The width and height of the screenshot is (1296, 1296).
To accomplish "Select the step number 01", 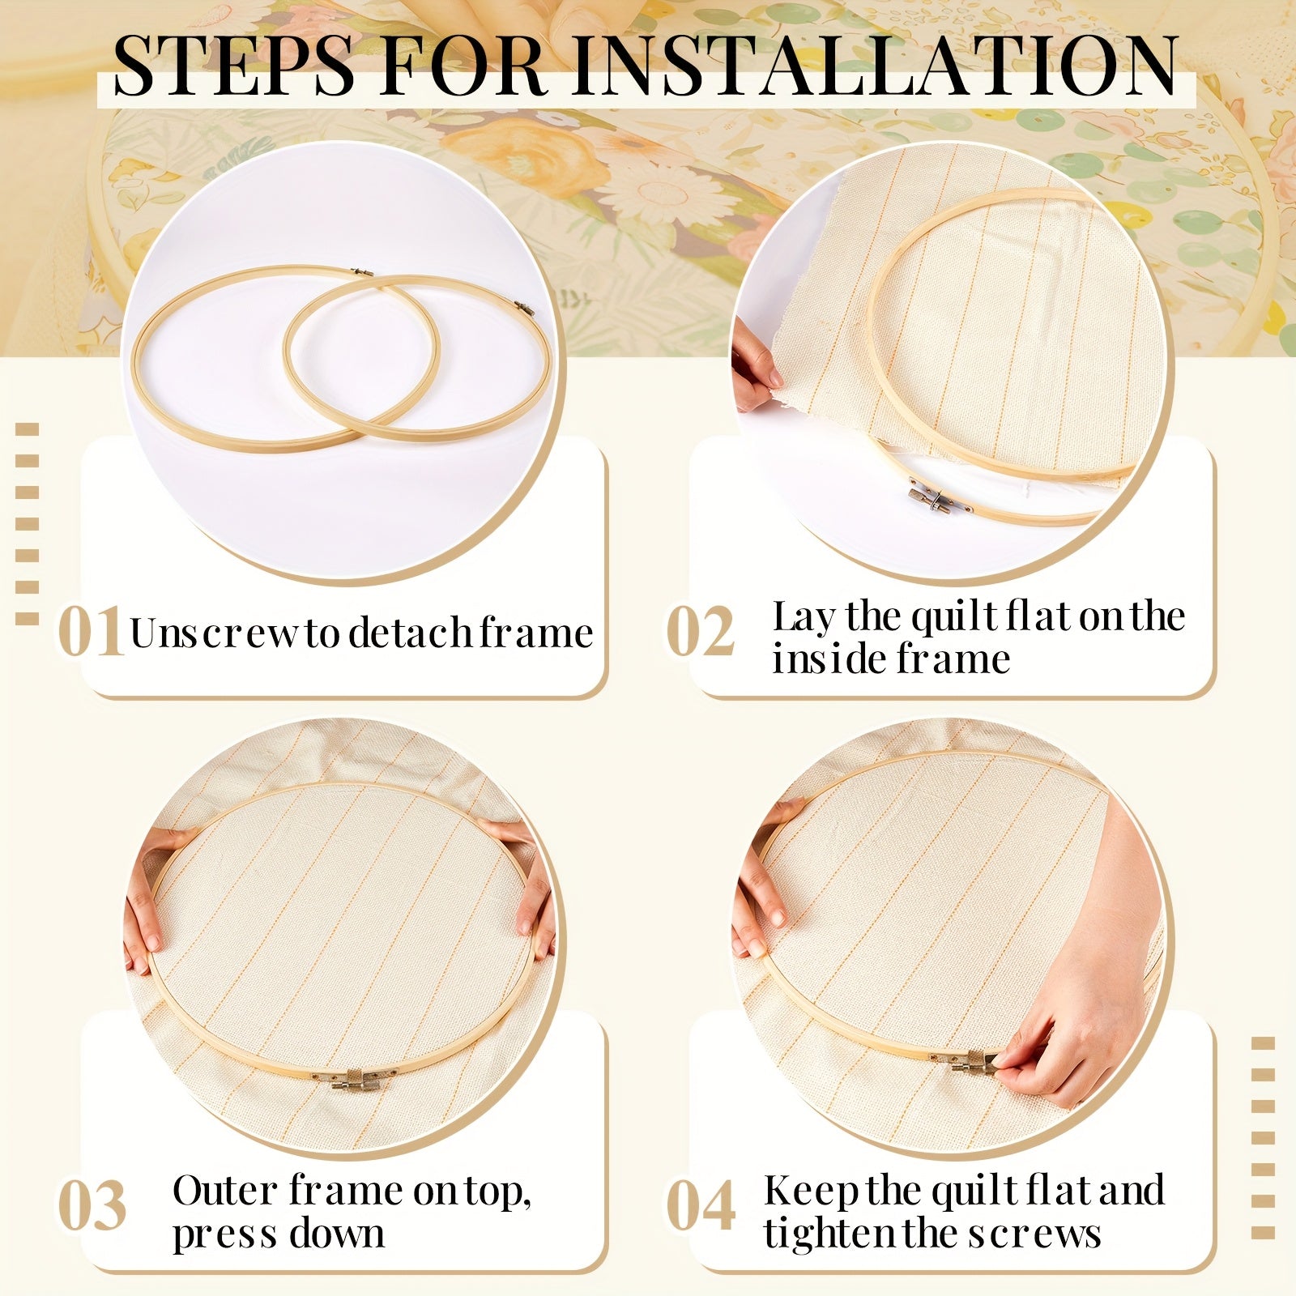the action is point(91,632).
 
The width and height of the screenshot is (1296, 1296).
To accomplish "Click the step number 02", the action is point(700,632).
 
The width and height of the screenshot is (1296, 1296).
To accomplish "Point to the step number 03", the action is point(92,1205).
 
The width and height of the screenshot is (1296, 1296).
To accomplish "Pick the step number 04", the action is point(701,1205).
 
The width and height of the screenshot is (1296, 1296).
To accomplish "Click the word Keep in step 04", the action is point(812,1191).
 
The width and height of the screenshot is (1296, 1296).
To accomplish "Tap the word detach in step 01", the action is point(410,633).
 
